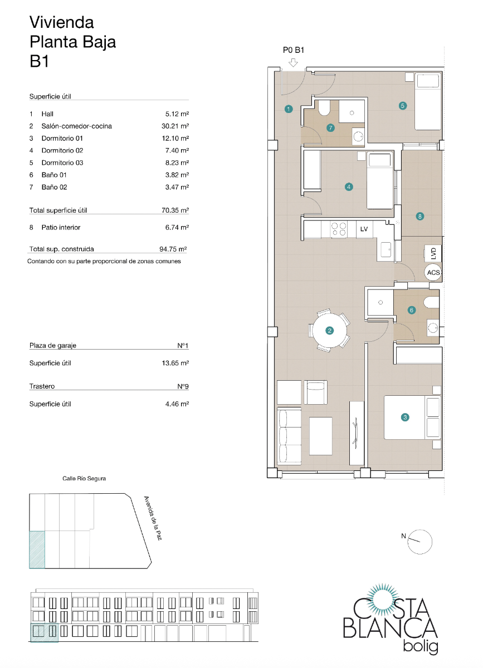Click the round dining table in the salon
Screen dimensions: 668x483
(329, 331)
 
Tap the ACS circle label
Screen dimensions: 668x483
(433, 273)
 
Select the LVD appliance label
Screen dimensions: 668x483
(433, 253)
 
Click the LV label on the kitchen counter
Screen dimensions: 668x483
(364, 229)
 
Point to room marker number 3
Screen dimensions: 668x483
(406, 417)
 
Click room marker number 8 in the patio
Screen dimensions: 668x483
(419, 216)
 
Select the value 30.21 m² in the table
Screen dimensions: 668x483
(173, 126)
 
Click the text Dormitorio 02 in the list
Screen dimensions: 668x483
(62, 150)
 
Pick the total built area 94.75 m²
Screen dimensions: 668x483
(173, 249)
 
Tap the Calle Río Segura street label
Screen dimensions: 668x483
(84, 478)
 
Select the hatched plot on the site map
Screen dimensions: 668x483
(37, 549)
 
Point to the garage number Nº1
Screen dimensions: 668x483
(183, 346)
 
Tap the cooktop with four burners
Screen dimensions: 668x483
(339, 229)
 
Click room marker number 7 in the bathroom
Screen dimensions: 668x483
(330, 128)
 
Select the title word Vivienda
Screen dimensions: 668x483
(61, 22)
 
